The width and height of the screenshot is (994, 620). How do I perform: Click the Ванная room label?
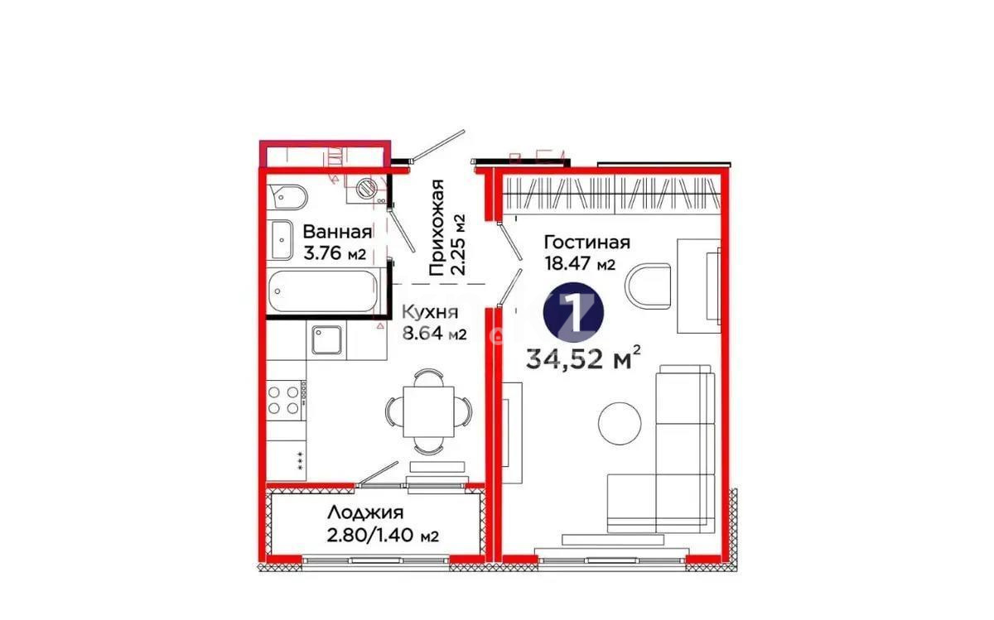pos(337,231)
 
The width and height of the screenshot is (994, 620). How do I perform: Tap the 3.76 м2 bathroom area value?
pos(335,254)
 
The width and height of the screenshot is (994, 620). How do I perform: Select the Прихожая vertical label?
pos(437,228)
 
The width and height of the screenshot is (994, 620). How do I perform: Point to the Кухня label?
pos(429,312)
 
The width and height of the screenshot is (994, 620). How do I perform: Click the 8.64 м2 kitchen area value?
pos(434,334)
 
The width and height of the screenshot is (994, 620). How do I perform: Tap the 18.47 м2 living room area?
pos(579,265)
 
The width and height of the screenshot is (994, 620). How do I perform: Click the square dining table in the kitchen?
pos(427,411)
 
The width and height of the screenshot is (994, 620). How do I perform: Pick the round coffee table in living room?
pos(620,421)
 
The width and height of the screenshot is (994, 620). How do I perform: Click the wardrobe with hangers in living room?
pos(610,194)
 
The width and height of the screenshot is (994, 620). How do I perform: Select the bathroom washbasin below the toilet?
pos(282,240)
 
